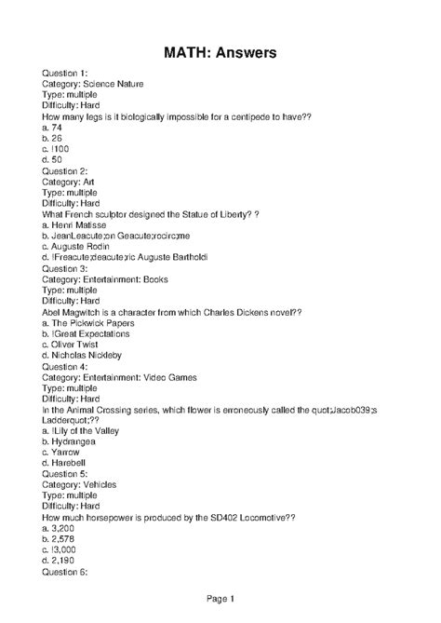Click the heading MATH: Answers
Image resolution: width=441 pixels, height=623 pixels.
[x=220, y=54]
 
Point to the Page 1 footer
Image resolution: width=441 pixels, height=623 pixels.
[x=220, y=598]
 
